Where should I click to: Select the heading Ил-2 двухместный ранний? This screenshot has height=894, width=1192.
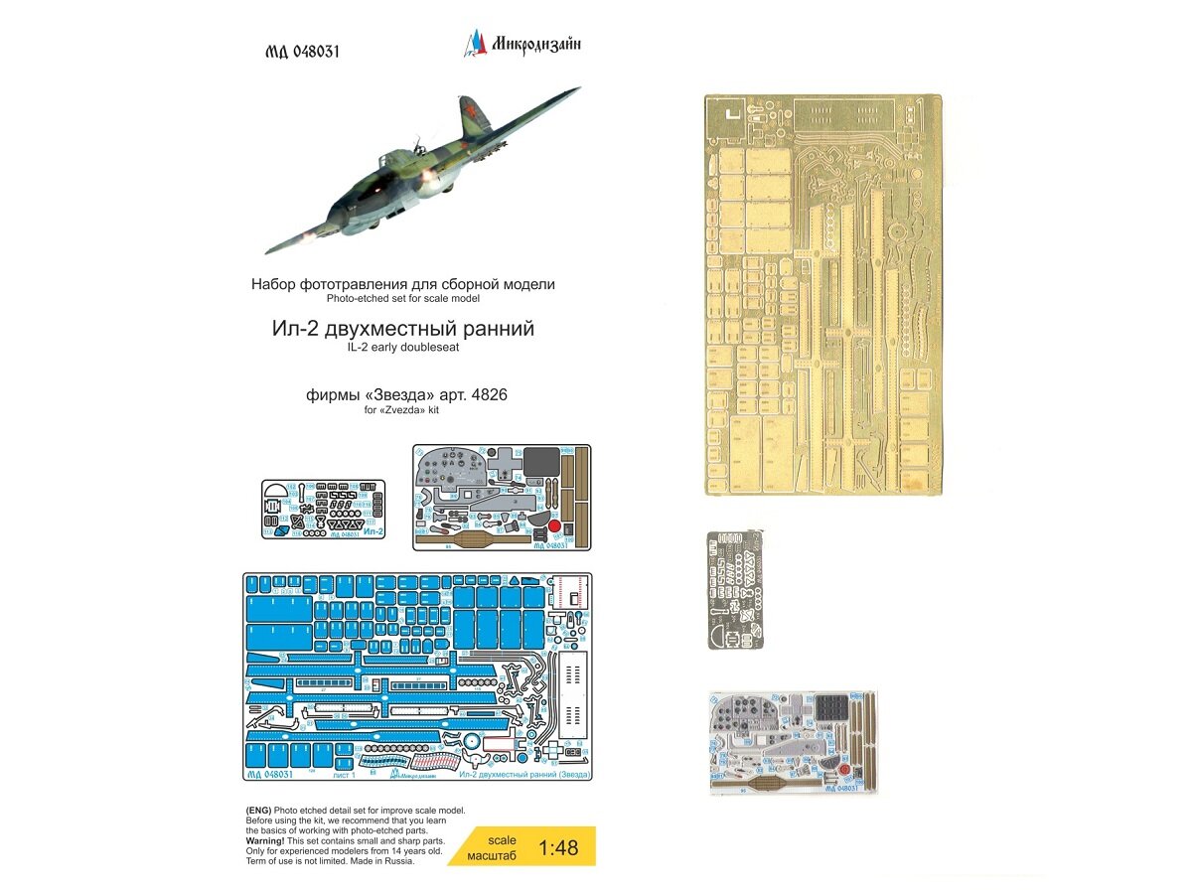[403, 329]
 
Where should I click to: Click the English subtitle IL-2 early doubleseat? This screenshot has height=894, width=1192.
[403, 348]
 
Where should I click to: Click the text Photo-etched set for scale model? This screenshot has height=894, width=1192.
[403, 298]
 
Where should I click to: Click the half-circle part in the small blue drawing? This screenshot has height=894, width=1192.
[281, 492]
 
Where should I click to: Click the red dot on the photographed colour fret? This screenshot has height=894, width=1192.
[843, 769]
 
